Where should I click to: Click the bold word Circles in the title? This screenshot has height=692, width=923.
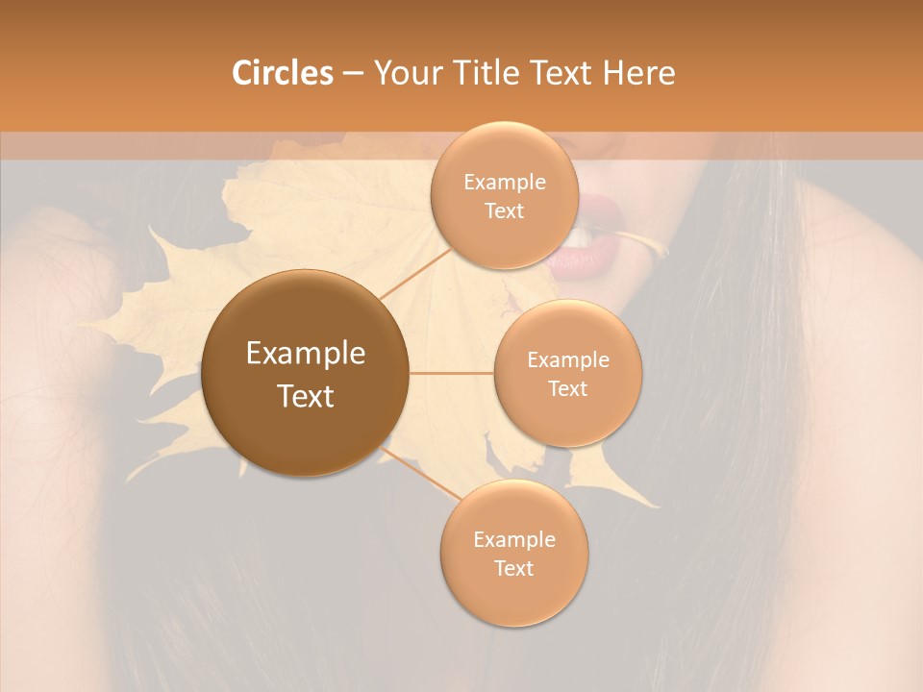click(282, 72)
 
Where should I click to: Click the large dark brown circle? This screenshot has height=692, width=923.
click(305, 373)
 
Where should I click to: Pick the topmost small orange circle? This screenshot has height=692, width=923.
click(504, 196)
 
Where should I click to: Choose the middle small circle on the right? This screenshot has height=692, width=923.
click(567, 373)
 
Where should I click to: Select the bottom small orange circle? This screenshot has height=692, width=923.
click(513, 553)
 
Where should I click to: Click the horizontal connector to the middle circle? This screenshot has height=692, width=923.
click(451, 373)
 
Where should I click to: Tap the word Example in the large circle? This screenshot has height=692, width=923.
click(305, 354)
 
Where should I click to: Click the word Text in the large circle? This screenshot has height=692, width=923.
click(305, 396)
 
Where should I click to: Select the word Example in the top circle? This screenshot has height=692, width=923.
click(504, 182)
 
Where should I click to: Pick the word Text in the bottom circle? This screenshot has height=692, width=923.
click(513, 568)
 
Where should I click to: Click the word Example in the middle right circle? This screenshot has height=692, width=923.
click(567, 359)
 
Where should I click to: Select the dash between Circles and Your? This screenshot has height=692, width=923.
click(353, 73)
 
